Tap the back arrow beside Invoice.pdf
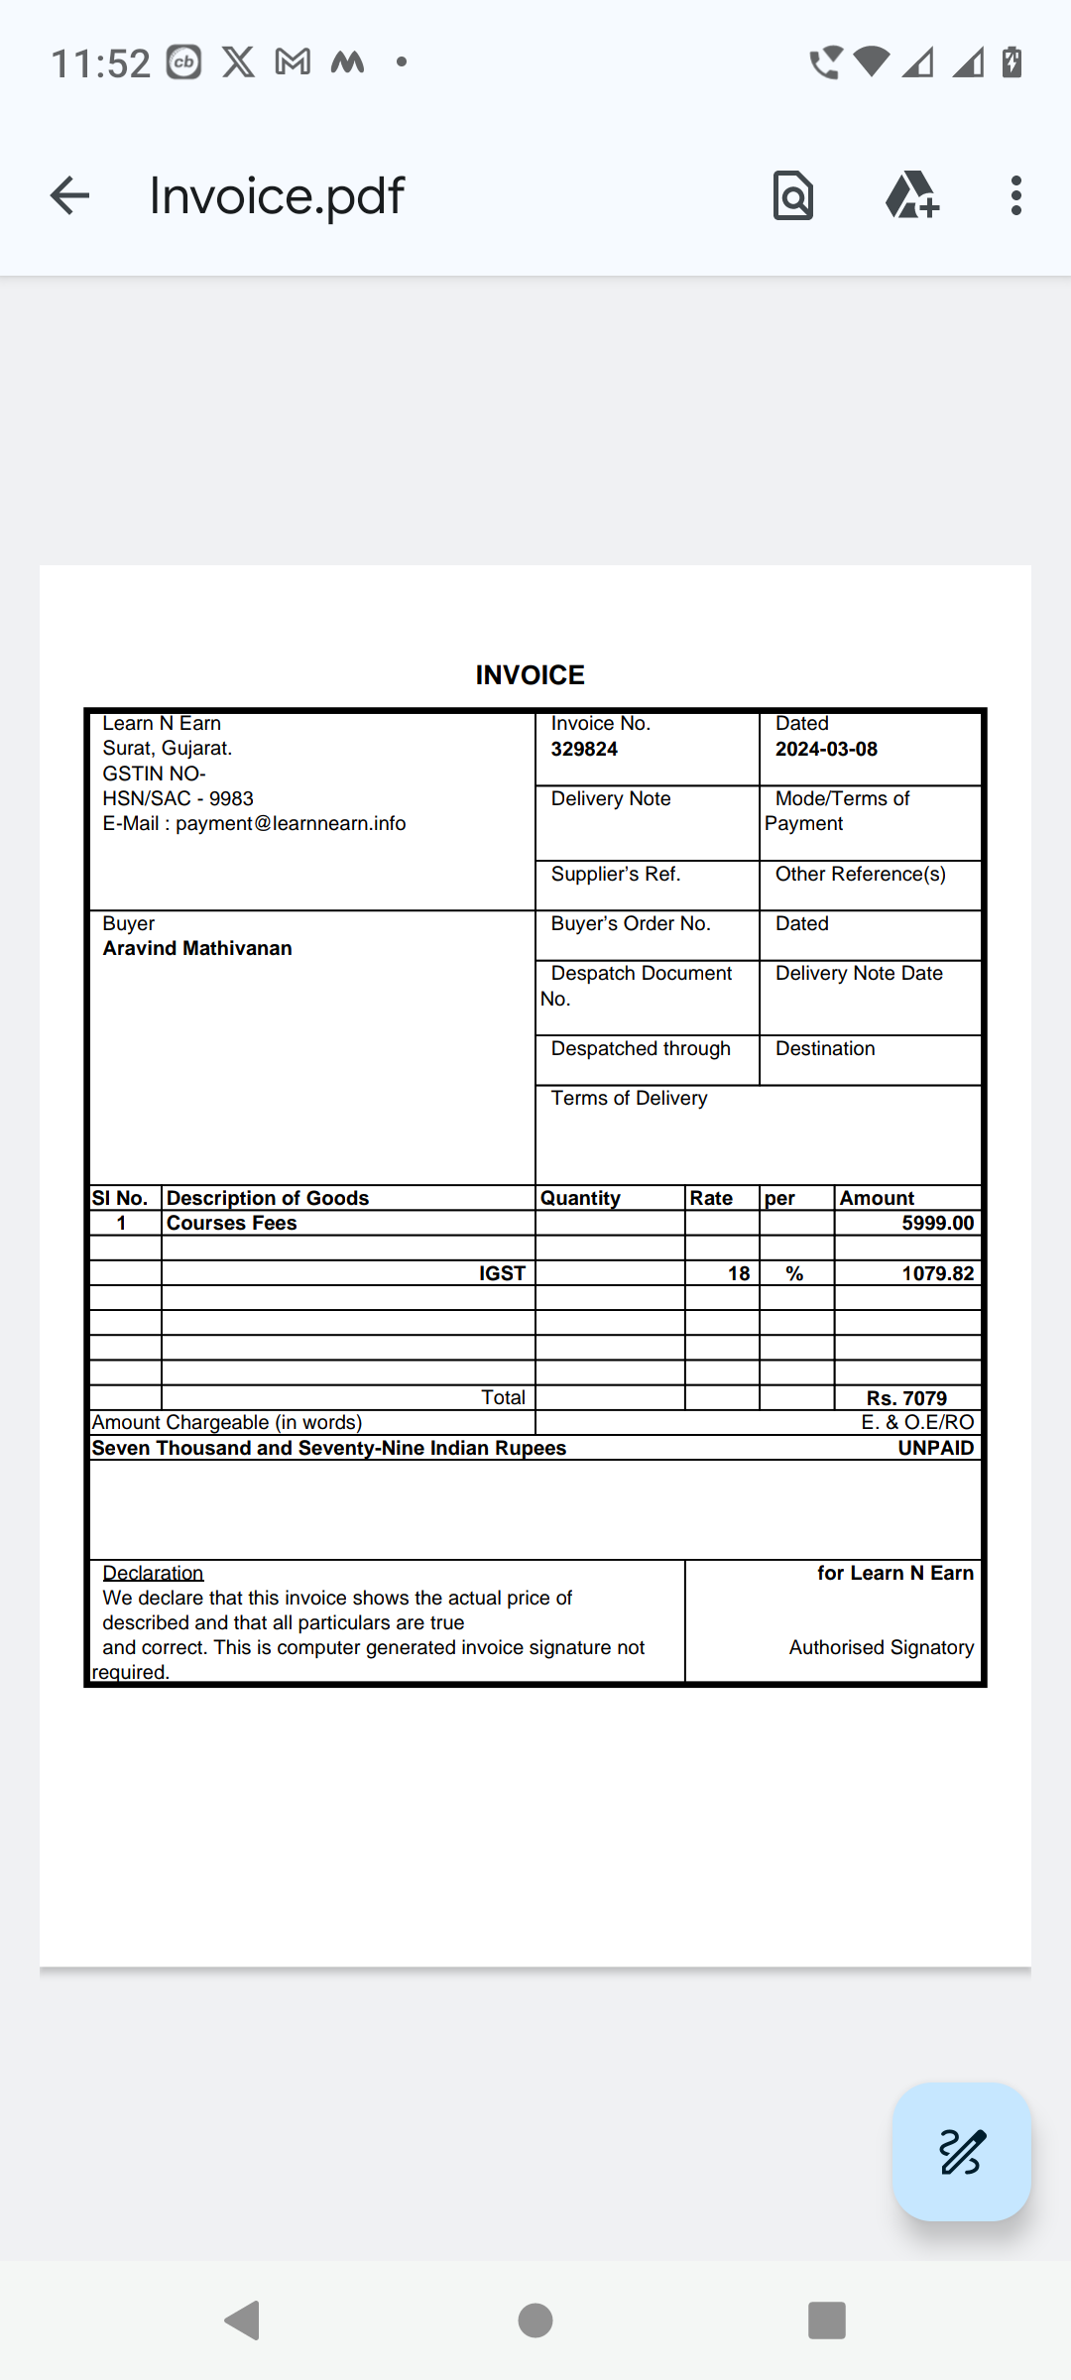[69, 195]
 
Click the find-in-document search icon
[793, 195]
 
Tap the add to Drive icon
[911, 195]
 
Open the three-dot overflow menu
[1015, 195]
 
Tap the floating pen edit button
[961, 2151]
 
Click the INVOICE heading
[530, 675]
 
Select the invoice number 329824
[584, 749]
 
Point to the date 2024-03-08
[826, 749]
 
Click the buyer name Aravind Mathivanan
[197, 948]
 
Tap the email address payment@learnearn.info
[291, 823]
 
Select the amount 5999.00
[937, 1223]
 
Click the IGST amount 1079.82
[937, 1273]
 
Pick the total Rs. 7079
[906, 1398]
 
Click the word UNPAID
[935, 1448]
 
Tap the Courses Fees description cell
[232, 1223]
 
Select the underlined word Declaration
[153, 1573]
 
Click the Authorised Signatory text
[881, 1647]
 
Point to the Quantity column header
[580, 1198]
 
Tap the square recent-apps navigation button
[827, 2320]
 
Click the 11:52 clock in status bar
[100, 63]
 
